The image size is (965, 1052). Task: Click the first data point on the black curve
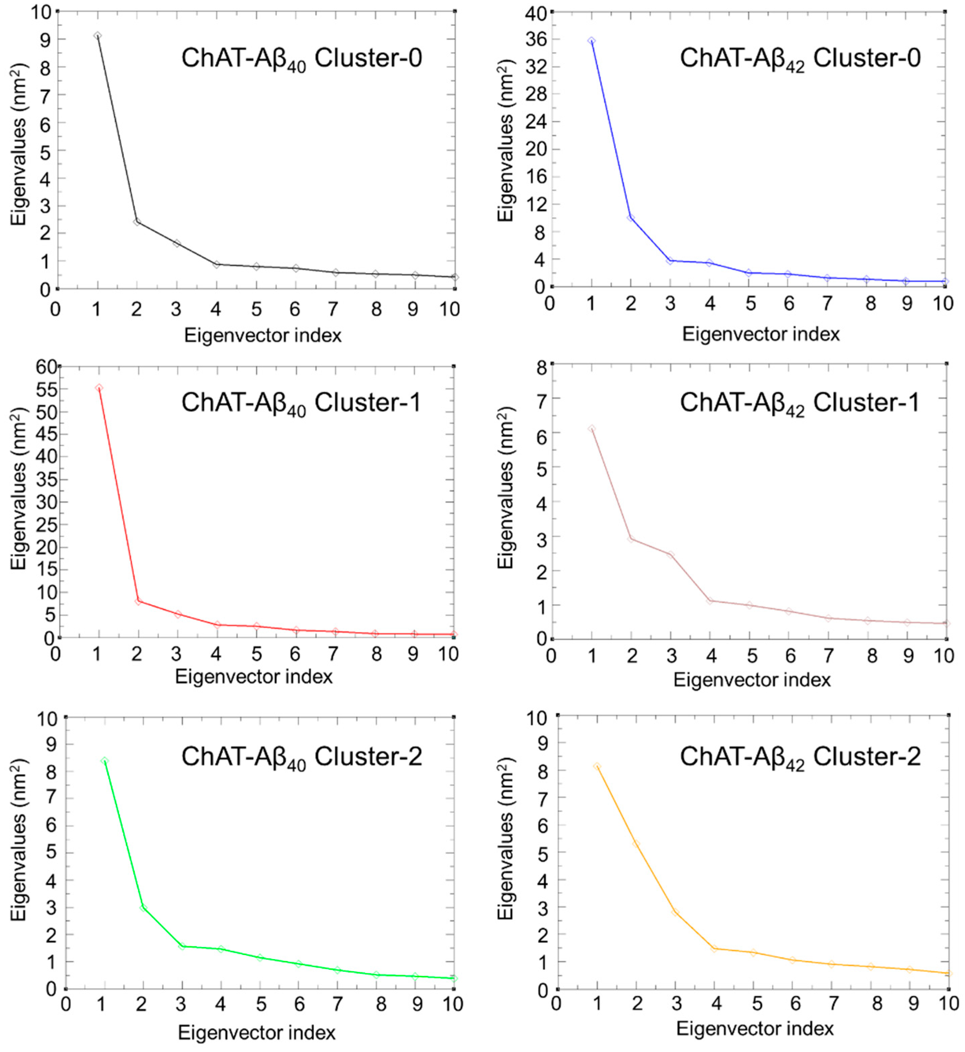coord(98,35)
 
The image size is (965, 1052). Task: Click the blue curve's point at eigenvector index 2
coord(631,217)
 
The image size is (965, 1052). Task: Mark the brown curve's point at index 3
coord(671,555)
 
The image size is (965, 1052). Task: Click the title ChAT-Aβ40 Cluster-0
coord(301,59)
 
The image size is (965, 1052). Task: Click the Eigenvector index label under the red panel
coord(254,676)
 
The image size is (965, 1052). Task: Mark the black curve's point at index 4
coord(216,264)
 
